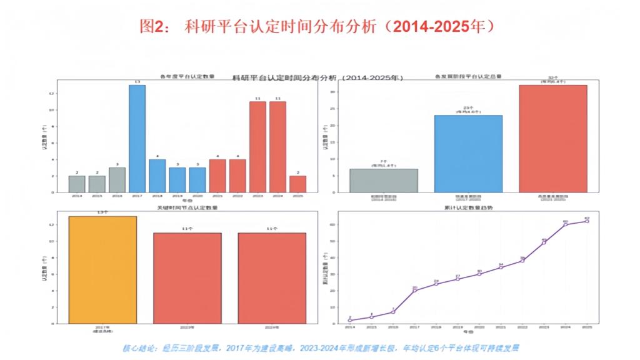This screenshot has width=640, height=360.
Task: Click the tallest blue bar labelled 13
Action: pos(137,138)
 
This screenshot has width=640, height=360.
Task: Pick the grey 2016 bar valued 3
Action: pos(117,179)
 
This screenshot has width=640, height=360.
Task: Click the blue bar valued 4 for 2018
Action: pos(157,176)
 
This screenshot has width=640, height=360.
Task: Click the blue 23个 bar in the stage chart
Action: pos(468,153)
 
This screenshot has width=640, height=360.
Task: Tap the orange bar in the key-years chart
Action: pos(102,269)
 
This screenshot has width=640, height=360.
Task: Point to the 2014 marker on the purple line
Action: pos(350,320)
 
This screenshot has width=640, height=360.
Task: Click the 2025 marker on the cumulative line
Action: pos(587,221)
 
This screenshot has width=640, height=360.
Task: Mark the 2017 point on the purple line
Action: pos(414,290)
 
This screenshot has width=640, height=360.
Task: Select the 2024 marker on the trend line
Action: pos(565,224)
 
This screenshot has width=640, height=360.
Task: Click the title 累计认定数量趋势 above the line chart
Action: pos(468,207)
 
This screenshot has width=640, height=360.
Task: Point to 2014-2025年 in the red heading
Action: pos(435,26)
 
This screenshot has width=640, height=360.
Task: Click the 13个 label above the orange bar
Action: pos(102,212)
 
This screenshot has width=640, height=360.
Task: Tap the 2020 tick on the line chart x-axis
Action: pos(479,327)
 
